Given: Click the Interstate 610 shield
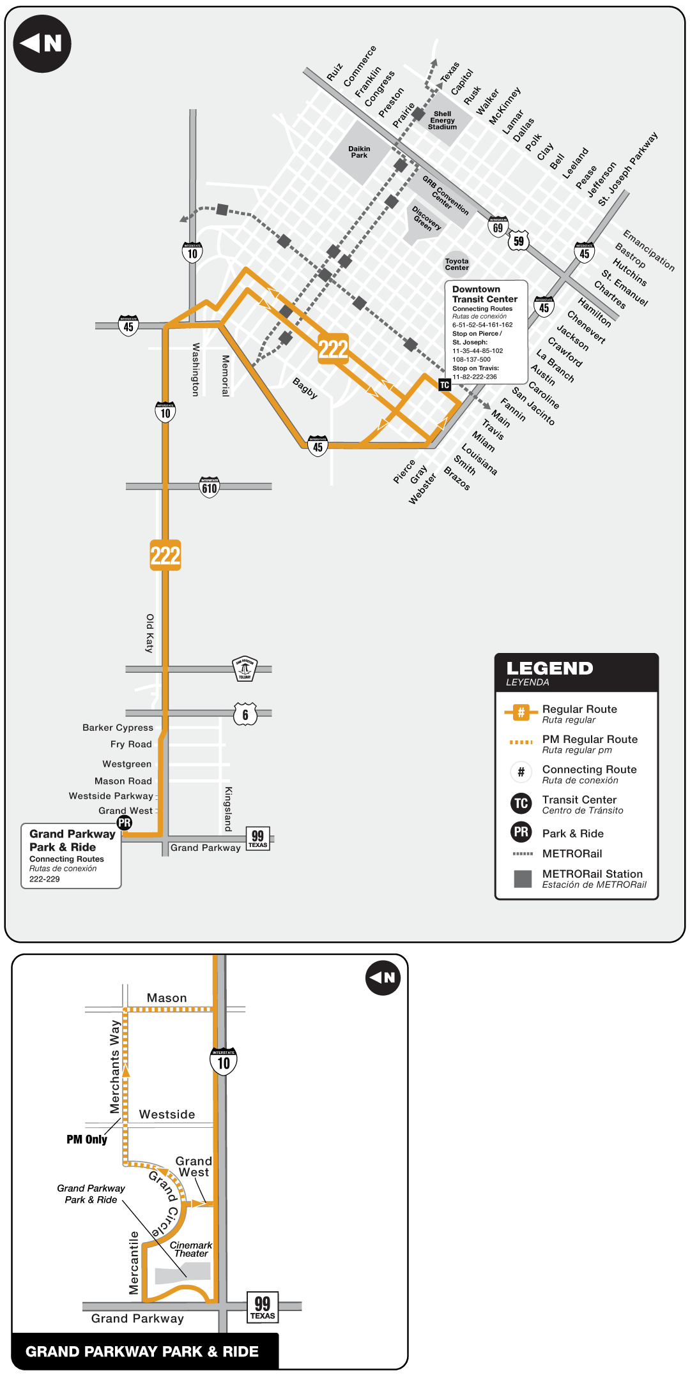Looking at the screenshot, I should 210,488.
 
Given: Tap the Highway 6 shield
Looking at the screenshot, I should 245,714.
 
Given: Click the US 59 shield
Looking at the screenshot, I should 519,241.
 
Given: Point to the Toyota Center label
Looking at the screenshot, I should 457,264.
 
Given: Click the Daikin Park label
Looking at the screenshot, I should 359,152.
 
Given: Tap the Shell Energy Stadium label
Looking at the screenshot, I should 442,121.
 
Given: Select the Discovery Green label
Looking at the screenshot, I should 425,219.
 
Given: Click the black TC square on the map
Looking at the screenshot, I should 445,385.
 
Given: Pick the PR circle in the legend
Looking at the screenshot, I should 521,832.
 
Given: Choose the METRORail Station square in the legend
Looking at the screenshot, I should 523,879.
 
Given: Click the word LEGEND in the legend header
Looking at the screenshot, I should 549,668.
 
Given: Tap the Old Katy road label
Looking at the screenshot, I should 149,633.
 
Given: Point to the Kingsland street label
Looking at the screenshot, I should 228,809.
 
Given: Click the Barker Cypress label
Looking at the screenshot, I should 118,728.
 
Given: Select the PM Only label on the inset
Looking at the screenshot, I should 87,1139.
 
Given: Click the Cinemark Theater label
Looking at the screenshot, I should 190,1249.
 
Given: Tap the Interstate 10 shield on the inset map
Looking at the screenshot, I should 224,1061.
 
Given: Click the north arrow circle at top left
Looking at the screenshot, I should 42,43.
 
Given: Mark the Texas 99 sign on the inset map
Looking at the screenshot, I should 263,1307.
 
